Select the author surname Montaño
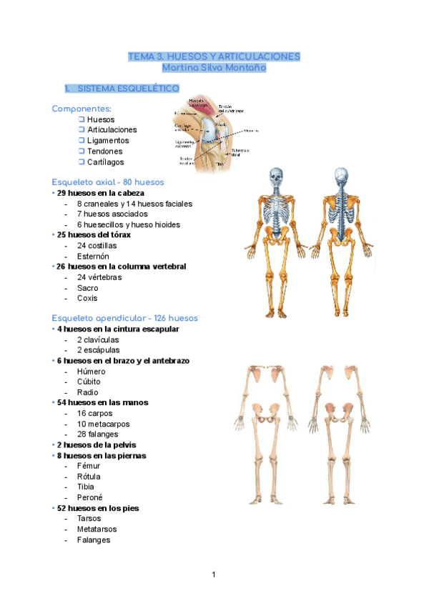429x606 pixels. (245, 68)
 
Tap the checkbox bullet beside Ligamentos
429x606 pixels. (82, 140)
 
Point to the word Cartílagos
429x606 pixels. (106, 162)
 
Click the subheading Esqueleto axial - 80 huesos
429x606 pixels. (108, 182)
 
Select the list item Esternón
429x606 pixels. (92, 256)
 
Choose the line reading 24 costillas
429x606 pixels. (97, 245)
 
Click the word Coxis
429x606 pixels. (87, 298)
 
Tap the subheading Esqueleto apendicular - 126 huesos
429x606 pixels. (125, 318)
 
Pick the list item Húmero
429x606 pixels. (91, 372)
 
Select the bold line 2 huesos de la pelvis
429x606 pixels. (97, 444)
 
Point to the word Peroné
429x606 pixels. (90, 497)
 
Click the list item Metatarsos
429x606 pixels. (97, 529)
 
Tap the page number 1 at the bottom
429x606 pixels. (214, 574)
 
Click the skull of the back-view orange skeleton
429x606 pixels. (342, 177)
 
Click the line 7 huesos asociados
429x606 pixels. (112, 214)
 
